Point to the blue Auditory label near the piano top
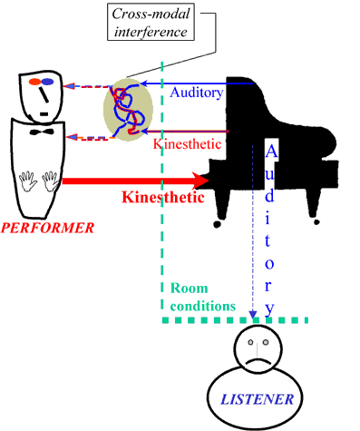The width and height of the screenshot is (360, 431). pyautogui.click(x=194, y=91)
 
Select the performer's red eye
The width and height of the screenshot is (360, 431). pyautogui.click(x=35, y=83)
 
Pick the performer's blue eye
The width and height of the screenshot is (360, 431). pyautogui.click(x=49, y=83)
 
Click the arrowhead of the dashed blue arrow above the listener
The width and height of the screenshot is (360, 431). pyautogui.click(x=254, y=315)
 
